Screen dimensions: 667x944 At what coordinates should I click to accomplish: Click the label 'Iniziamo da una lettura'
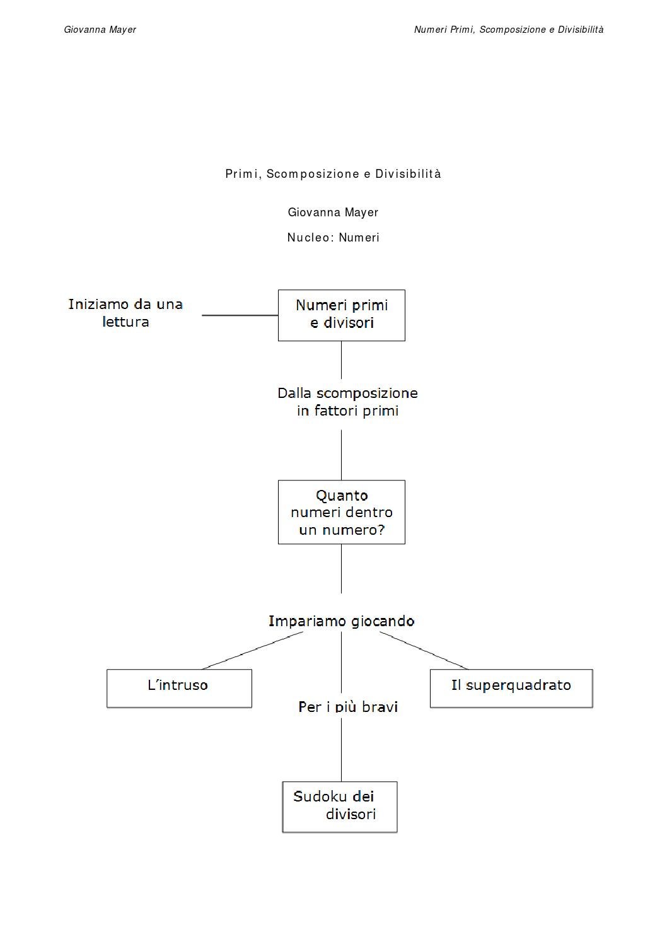point(125,313)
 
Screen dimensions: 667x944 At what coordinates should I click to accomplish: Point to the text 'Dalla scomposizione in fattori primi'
point(347,402)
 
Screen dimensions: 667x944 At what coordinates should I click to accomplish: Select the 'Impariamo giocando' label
point(341,621)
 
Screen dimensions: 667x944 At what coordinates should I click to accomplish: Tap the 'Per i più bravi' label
point(348,707)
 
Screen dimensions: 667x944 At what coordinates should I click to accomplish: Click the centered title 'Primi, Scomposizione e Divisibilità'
point(333,173)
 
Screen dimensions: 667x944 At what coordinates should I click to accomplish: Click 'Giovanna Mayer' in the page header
point(100,30)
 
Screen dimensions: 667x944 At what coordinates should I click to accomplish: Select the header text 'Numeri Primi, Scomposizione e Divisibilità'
point(509,30)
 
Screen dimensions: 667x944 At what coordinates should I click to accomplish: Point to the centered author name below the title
point(333,212)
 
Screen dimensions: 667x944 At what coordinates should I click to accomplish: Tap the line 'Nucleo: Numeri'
point(333,237)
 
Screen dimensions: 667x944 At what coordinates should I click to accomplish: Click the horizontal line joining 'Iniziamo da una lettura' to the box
point(240,315)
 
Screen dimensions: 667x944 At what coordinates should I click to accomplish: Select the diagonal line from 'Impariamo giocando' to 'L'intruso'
point(252,650)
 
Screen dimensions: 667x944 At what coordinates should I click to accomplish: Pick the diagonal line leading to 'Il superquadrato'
point(424,650)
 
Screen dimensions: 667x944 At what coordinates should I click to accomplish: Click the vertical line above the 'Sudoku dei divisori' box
point(341,750)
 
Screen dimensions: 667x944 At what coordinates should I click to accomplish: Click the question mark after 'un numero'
point(381,530)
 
